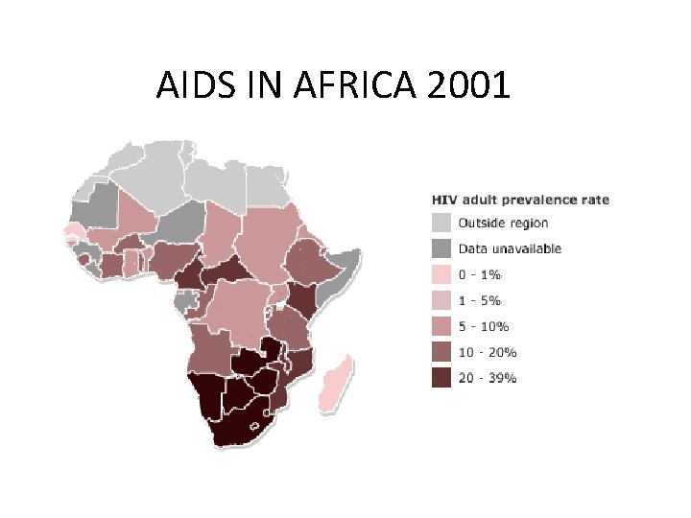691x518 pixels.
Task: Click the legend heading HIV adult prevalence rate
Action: (519, 200)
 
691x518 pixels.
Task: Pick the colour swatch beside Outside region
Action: (440, 223)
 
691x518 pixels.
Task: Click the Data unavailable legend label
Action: (510, 248)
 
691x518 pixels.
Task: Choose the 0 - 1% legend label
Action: (480, 274)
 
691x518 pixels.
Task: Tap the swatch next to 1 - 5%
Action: (440, 300)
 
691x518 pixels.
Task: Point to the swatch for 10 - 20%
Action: (440, 352)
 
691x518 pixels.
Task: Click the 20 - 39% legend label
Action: (488, 378)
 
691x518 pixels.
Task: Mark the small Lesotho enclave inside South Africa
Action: (257, 424)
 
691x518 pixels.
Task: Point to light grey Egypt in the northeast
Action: (267, 186)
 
